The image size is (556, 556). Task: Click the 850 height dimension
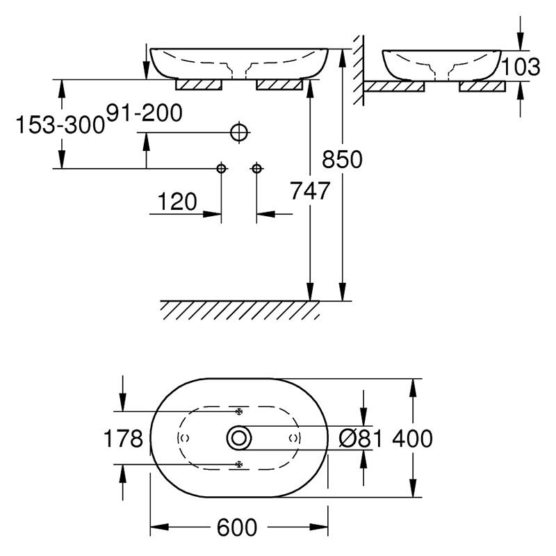pyautogui.click(x=342, y=159)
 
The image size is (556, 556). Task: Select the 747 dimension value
pyautogui.click(x=310, y=190)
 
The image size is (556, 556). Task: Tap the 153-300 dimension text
pyautogui.click(x=60, y=125)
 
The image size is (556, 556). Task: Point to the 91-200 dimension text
pyautogui.click(x=145, y=113)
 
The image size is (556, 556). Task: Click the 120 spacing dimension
pyautogui.click(x=177, y=202)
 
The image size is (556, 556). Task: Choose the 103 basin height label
pyautogui.click(x=521, y=67)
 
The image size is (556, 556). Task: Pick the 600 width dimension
pyautogui.click(x=237, y=528)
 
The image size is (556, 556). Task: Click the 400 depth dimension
pyautogui.click(x=412, y=439)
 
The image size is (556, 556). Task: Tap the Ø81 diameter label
pyautogui.click(x=361, y=439)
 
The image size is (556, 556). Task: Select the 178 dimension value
pyautogui.click(x=123, y=439)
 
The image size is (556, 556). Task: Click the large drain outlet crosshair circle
pyautogui.click(x=239, y=133)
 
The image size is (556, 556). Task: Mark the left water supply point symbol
pyautogui.click(x=221, y=168)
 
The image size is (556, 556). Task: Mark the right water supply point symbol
pyautogui.click(x=256, y=168)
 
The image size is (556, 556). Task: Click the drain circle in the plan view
pyautogui.click(x=239, y=439)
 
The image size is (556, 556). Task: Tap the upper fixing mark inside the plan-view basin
pyautogui.click(x=239, y=411)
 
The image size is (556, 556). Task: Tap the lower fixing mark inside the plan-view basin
pyautogui.click(x=239, y=464)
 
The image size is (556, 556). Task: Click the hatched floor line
pyautogui.click(x=240, y=310)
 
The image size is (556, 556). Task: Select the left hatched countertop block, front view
pyautogui.click(x=199, y=85)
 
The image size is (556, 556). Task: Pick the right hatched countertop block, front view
pyautogui.click(x=279, y=85)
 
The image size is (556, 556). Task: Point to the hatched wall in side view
pyautogui.click(x=359, y=70)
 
